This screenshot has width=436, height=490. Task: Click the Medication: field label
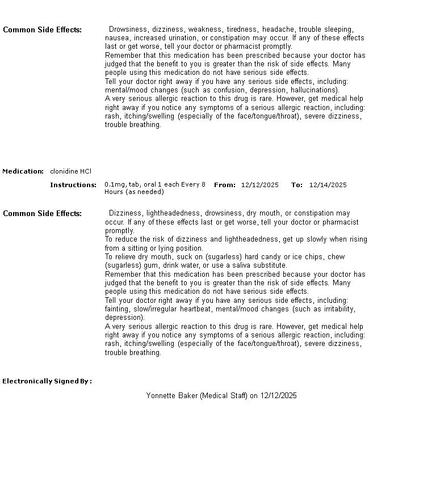(23, 171)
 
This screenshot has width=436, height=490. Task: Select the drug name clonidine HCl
(70, 171)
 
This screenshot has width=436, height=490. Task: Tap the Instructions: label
(73, 185)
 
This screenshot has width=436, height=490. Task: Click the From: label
(225, 185)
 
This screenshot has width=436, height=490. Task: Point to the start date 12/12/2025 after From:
(260, 185)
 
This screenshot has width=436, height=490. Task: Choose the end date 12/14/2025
(328, 185)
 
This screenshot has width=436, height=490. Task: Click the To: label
(297, 185)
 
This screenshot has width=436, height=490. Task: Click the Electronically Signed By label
(47, 381)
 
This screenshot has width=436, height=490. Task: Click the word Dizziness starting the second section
(125, 213)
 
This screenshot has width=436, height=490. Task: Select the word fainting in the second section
(118, 309)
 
